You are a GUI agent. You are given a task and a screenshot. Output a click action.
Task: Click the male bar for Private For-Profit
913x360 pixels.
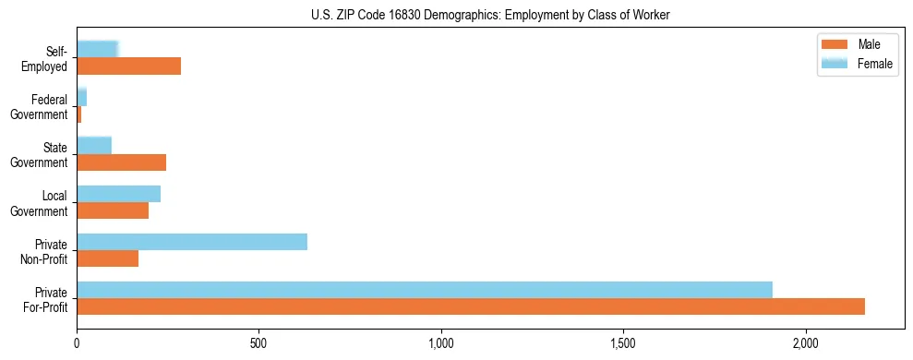pos(471,306)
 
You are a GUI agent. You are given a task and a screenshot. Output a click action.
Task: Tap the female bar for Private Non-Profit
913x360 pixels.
pos(192,242)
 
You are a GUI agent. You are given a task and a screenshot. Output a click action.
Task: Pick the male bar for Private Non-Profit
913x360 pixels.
pos(108,258)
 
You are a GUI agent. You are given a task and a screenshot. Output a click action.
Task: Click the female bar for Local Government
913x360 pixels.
pos(119,194)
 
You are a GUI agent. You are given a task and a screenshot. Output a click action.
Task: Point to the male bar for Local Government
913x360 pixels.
pos(113,210)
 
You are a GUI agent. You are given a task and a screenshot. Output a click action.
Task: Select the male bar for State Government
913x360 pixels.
pos(122,162)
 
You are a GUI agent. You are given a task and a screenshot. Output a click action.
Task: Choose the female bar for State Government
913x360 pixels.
pos(94,145)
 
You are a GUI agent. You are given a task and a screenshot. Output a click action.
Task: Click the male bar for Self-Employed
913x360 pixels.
pos(129,66)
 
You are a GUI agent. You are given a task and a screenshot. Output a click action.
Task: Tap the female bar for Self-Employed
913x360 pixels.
pos(98,49)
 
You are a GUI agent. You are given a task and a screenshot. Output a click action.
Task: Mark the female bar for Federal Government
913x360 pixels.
pos(82,97)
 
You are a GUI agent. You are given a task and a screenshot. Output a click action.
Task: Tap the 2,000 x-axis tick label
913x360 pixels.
pos(806,344)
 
